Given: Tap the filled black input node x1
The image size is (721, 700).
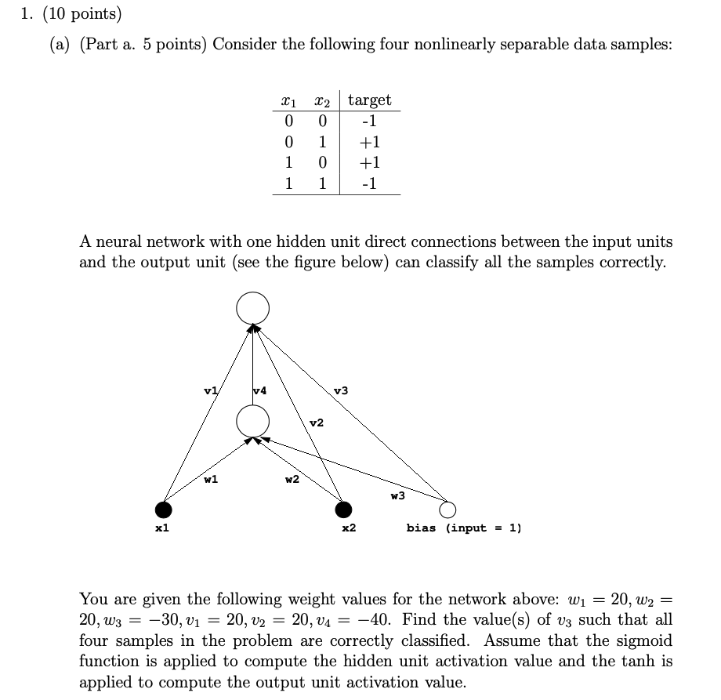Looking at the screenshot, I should (164, 510).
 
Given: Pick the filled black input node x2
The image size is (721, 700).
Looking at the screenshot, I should (342, 510).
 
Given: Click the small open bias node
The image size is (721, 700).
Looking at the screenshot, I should (447, 510).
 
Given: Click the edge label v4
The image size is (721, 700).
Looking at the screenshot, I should (261, 390).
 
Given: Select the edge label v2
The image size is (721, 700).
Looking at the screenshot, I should (316, 423).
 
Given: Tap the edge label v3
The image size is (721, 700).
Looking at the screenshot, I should (340, 390).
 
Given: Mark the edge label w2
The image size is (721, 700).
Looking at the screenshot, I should (292, 480).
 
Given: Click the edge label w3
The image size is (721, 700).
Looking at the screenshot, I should (398, 495).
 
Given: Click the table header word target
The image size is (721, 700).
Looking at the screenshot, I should (369, 100).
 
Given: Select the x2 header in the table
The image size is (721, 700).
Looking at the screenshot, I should (320, 101).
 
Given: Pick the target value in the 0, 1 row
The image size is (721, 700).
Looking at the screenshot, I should (369, 143).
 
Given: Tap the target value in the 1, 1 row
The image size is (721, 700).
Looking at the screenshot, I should (369, 184).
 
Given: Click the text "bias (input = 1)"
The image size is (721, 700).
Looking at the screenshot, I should (464, 528).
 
